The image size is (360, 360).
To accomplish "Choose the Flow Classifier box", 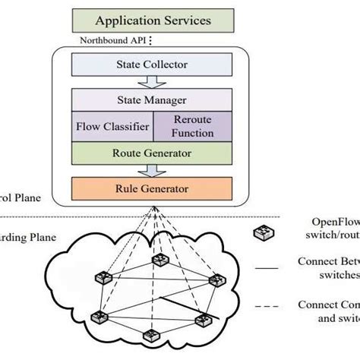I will [x=112, y=126].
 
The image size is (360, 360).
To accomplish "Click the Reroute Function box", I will [x=184, y=126].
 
